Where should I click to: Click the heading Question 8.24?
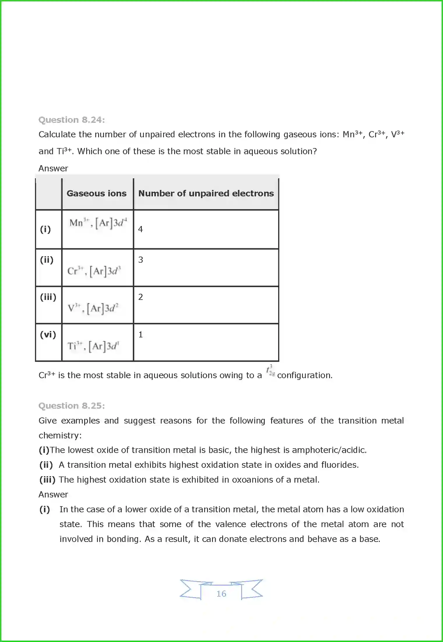click(x=72, y=120)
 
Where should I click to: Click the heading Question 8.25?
click(x=72, y=406)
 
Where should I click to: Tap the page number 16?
click(x=221, y=593)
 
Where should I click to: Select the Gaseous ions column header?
click(x=96, y=193)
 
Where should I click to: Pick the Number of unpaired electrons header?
click(x=206, y=193)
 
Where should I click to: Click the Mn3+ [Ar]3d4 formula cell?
click(x=98, y=223)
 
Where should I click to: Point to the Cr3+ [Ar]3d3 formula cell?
click(x=94, y=271)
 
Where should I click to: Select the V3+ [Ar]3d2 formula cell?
click(x=93, y=308)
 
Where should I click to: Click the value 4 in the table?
click(x=140, y=229)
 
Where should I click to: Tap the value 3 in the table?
click(x=141, y=260)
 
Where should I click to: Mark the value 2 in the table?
click(x=141, y=297)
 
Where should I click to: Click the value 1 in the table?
click(x=141, y=335)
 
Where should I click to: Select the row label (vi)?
click(x=48, y=335)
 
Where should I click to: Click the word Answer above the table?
click(x=53, y=168)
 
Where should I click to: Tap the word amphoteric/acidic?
click(x=329, y=450)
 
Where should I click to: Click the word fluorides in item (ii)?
click(x=340, y=465)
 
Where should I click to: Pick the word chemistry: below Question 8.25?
click(x=60, y=435)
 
